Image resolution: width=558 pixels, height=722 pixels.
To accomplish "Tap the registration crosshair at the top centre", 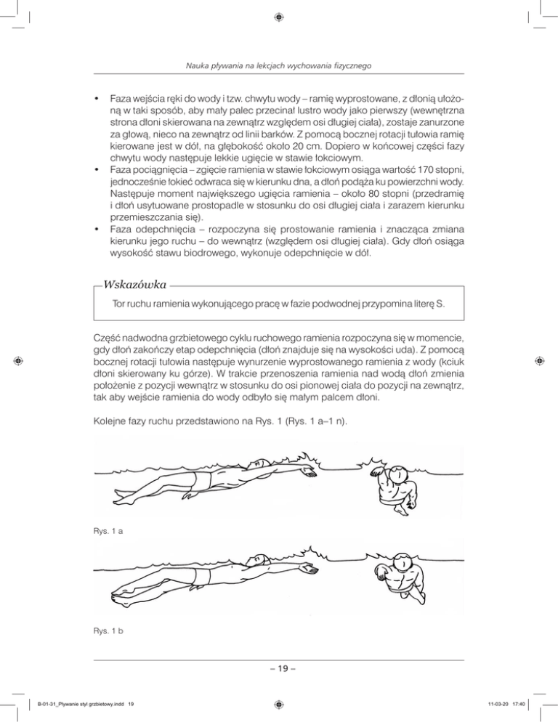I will (x=279, y=15).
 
